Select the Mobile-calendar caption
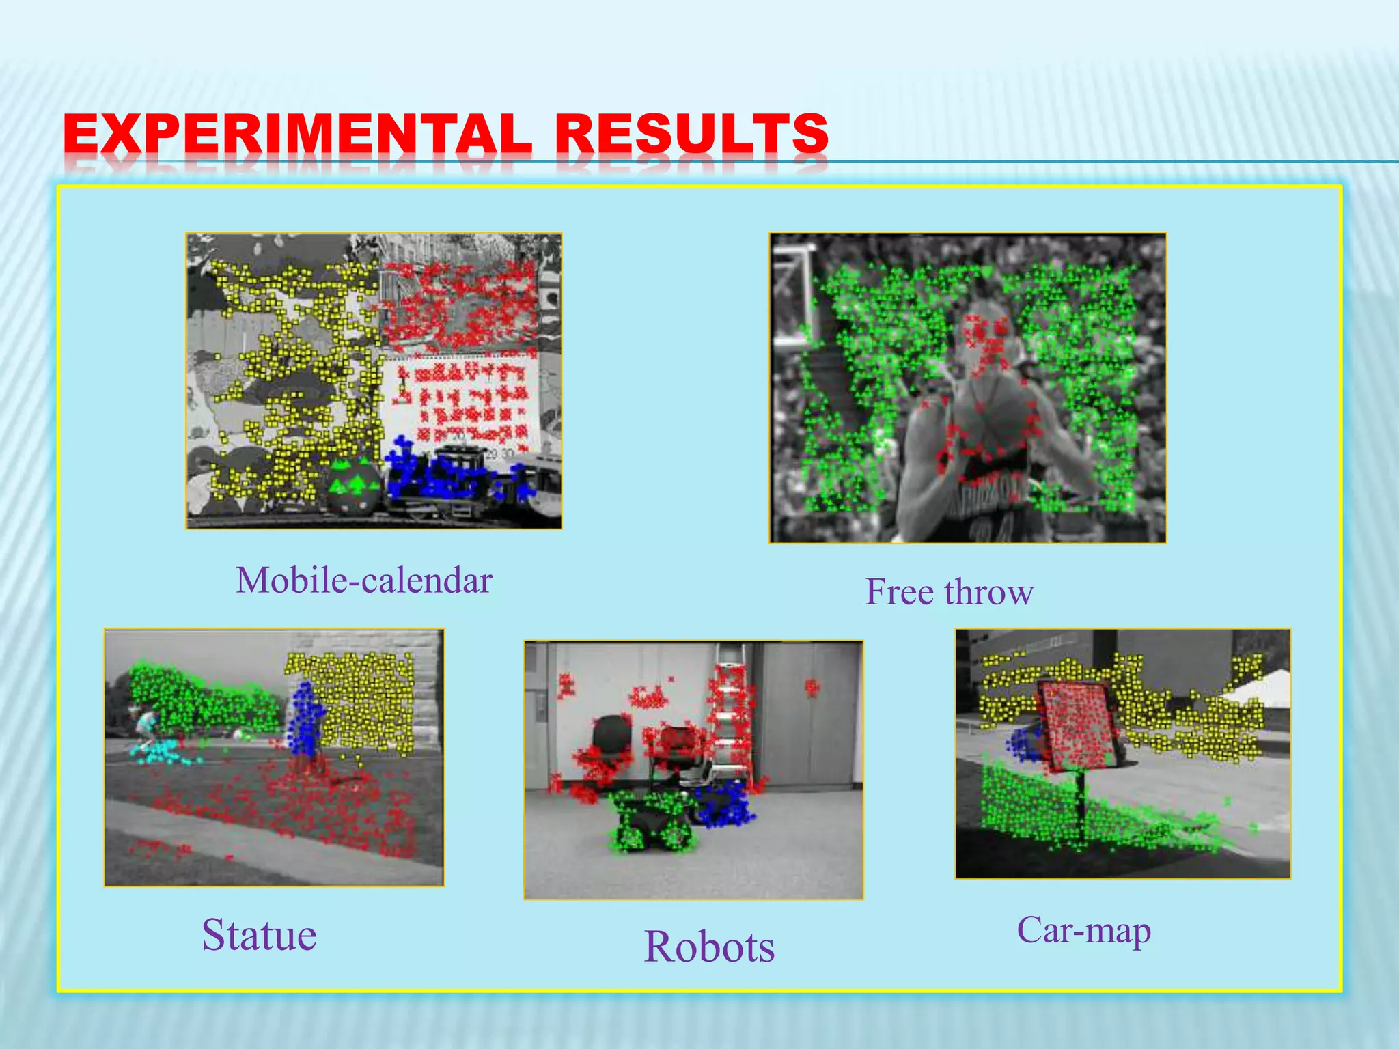(364, 581)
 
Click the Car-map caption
(1084, 930)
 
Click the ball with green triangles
(352, 486)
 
